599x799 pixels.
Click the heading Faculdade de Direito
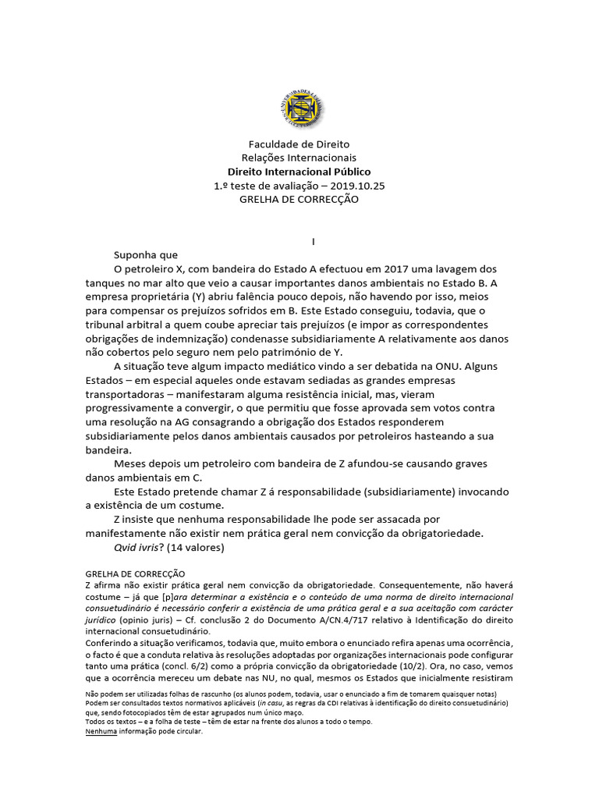299,144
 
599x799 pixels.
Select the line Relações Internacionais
299,158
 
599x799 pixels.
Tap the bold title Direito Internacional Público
299,172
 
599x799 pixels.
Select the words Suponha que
146,255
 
